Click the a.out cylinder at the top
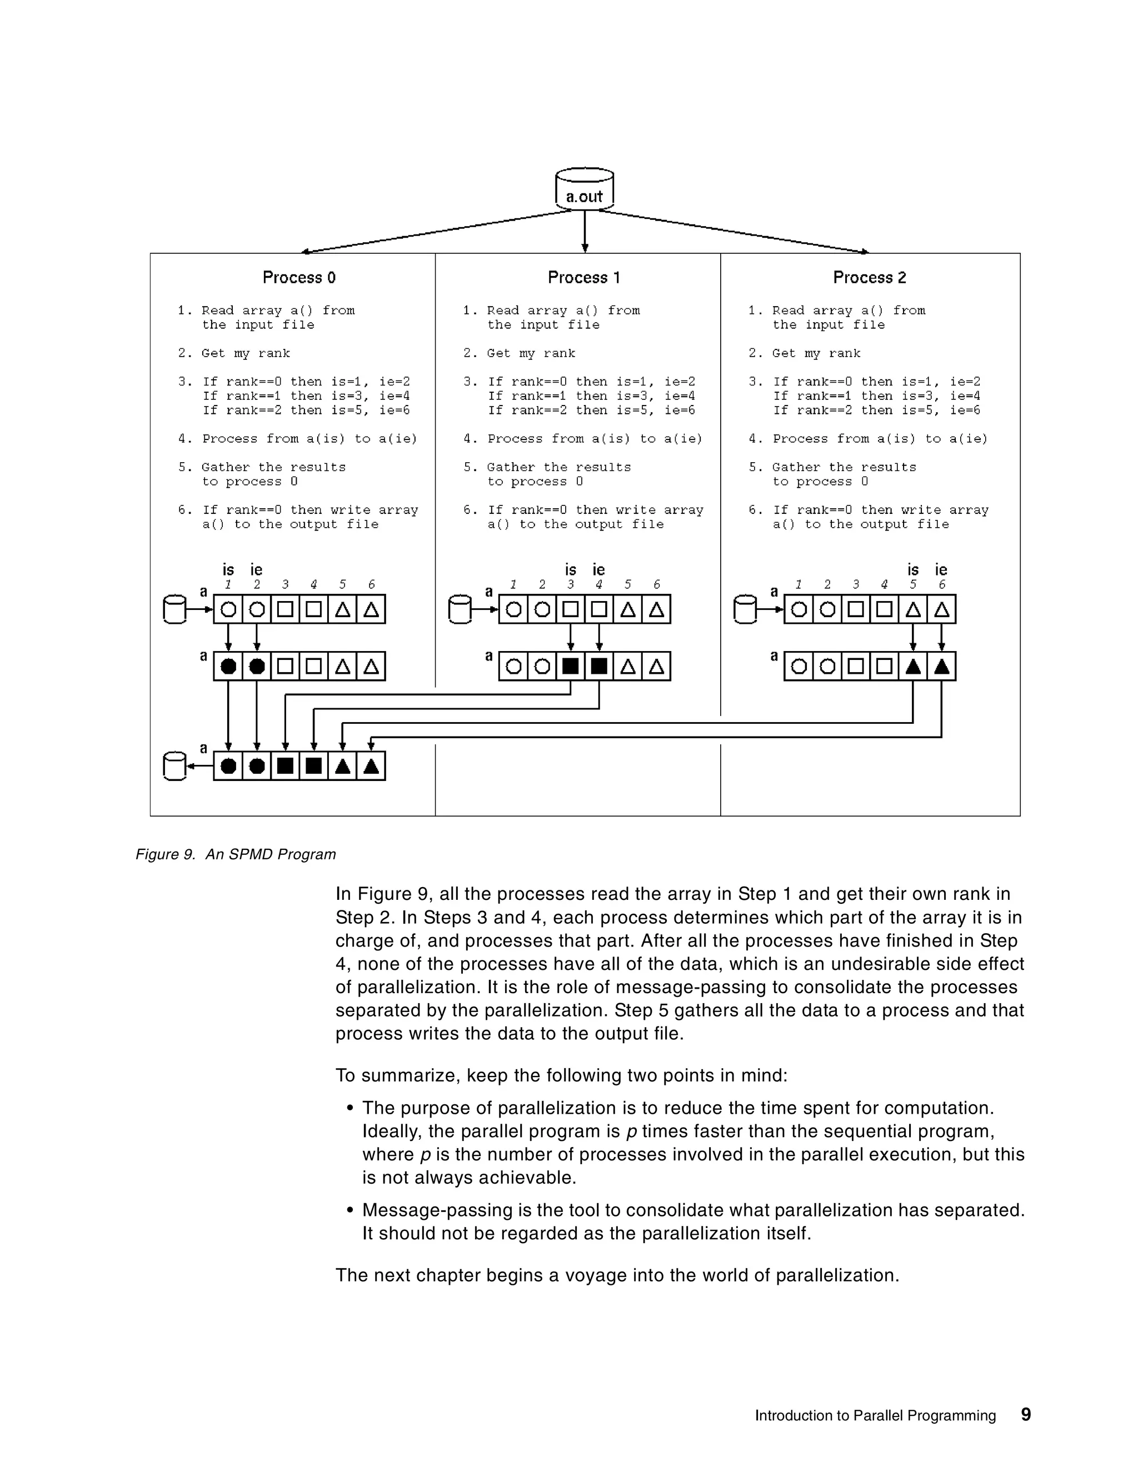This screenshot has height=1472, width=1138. click(x=584, y=189)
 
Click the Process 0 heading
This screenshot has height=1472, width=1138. click(x=298, y=278)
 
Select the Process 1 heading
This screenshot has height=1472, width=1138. click(x=584, y=278)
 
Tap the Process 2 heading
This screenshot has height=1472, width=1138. click(x=869, y=278)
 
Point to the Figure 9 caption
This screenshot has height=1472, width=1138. click(x=235, y=855)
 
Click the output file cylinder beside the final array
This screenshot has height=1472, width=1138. click(x=174, y=767)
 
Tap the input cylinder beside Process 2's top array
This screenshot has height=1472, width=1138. click(x=745, y=609)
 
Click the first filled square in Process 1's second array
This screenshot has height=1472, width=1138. click(x=570, y=667)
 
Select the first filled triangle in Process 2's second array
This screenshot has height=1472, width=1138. click(x=913, y=667)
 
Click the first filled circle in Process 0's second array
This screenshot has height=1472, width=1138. click(x=228, y=667)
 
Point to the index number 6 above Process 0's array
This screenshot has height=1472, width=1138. click(x=371, y=584)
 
